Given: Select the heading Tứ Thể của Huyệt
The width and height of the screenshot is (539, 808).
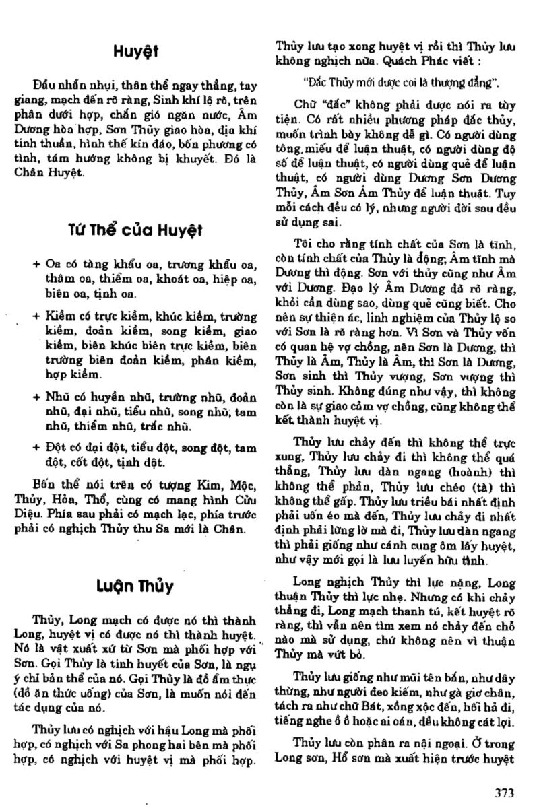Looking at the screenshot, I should click(135, 230).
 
